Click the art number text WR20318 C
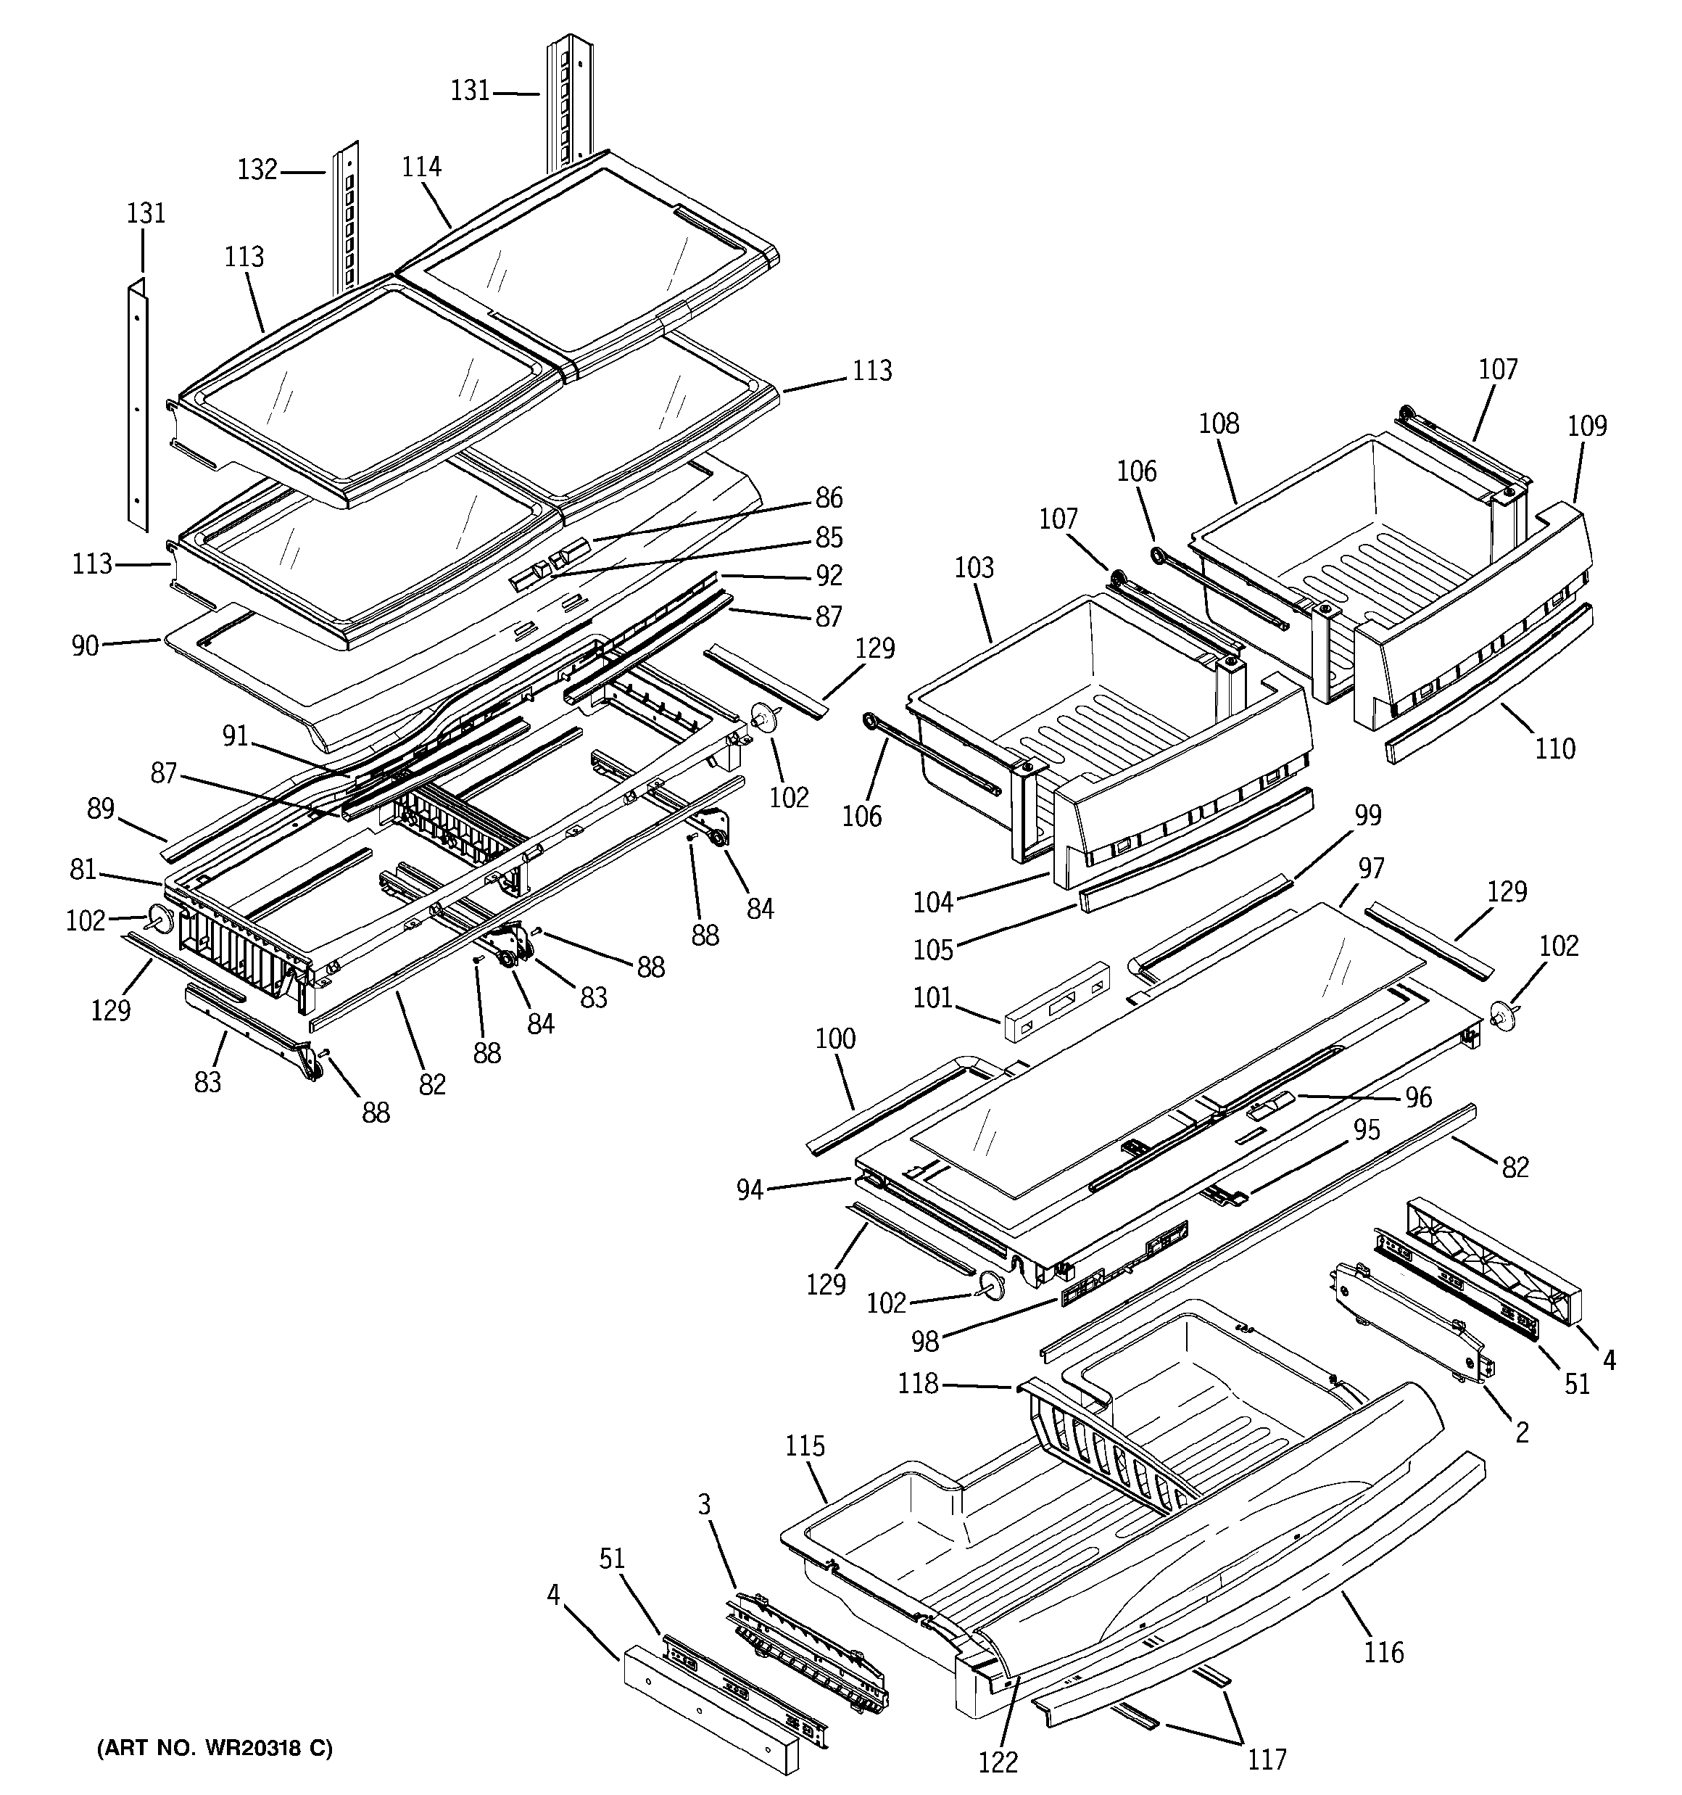click(214, 1749)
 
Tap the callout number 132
click(257, 170)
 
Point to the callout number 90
click(85, 645)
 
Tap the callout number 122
click(998, 1762)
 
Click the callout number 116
click(1383, 1652)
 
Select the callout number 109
click(1586, 425)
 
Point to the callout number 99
click(1368, 814)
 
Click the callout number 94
click(750, 1190)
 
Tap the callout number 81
click(83, 870)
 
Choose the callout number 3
click(703, 1504)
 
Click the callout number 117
click(1267, 1759)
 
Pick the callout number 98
click(924, 1342)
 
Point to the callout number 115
click(805, 1445)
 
